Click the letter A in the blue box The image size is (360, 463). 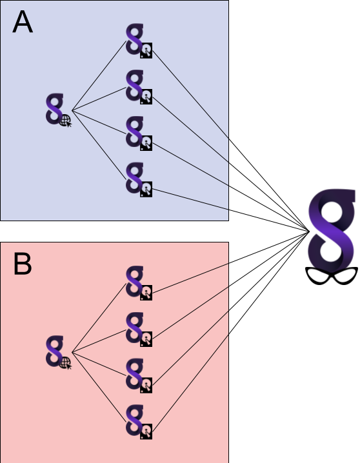(23, 22)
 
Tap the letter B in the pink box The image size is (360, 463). (23, 264)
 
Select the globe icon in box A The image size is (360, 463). (65, 121)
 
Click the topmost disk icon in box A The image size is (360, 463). (146, 50)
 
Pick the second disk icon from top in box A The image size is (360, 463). (146, 97)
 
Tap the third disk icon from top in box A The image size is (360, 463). (146, 143)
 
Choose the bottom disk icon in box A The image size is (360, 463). (146, 189)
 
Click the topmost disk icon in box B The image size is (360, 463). (146, 293)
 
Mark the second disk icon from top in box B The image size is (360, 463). (146, 339)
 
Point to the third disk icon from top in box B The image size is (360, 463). (146, 385)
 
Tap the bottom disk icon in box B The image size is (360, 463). (146, 431)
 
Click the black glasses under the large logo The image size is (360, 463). (332, 276)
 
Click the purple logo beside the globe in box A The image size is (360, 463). (55, 109)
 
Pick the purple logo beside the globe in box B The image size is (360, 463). (55, 351)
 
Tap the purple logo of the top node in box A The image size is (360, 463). (135, 39)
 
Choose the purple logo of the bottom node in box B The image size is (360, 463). (135, 420)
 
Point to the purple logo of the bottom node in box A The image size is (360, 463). (135, 177)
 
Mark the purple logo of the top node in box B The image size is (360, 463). (135, 281)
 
